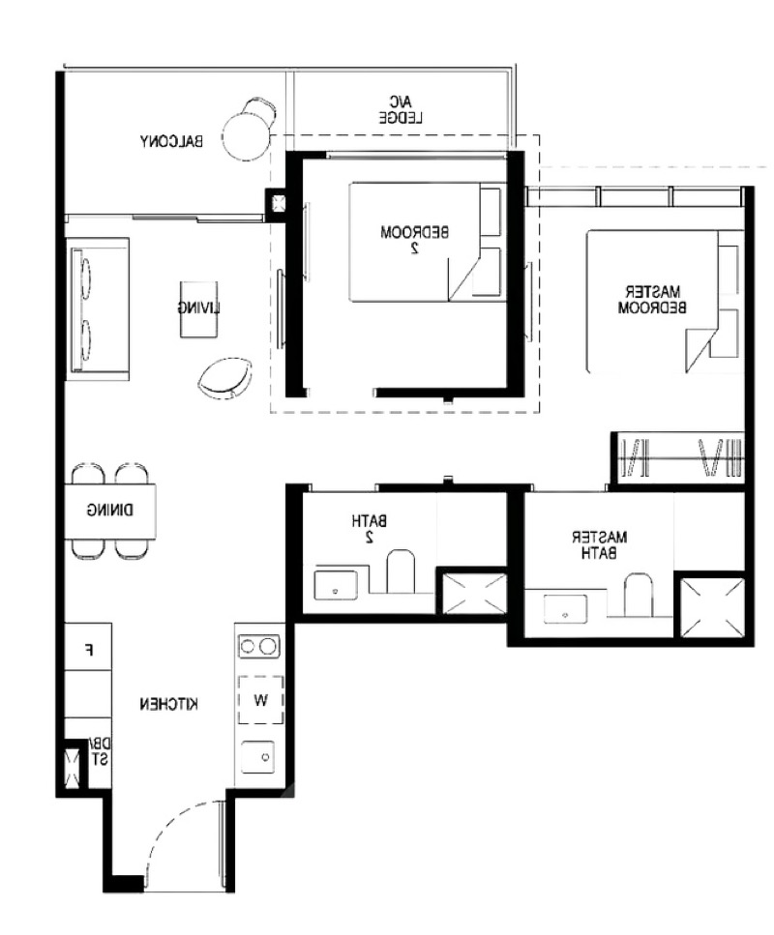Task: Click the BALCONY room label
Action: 171,141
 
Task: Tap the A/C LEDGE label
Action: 401,109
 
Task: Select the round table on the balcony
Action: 246,136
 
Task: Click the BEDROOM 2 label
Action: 414,240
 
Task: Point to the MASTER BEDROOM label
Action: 652,300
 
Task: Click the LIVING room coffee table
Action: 198,308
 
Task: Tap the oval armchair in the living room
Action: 225,379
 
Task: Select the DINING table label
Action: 110,511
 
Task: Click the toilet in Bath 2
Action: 401,570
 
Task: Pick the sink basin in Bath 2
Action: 336,586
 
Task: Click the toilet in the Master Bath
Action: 638,595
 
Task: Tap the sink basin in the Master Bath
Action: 565,609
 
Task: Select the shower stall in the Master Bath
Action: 712,607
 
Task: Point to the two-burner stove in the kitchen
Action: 259,647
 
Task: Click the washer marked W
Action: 261,700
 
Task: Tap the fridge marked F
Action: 88,648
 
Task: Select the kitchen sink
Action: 258,757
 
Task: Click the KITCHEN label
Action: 169,704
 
